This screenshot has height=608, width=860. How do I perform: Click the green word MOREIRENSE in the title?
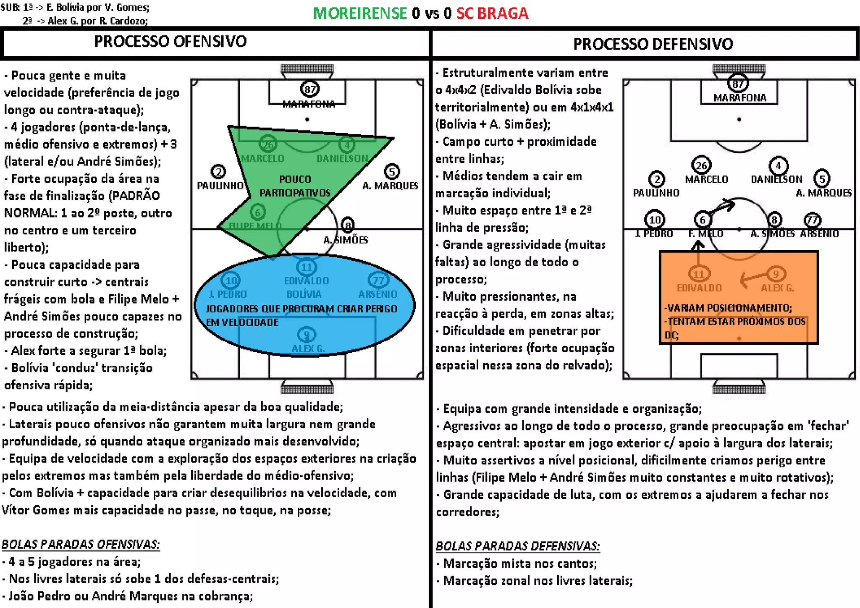point(360,13)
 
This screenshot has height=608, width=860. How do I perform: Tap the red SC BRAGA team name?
point(492,13)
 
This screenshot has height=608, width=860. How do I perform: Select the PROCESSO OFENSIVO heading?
point(170,42)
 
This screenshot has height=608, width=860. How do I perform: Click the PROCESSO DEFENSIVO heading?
point(653,44)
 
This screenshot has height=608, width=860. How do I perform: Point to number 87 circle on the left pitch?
point(310,89)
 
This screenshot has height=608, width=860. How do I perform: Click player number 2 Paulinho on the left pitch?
point(218,171)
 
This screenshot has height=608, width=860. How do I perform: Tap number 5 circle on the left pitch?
point(392,171)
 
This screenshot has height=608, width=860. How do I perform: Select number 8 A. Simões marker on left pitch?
point(348,225)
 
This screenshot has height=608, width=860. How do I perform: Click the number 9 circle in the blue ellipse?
point(307,335)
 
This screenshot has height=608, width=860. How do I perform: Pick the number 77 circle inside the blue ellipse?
point(378,280)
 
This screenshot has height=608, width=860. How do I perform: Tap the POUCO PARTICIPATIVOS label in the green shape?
point(295,186)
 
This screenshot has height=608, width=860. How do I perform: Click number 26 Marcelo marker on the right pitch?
point(701,165)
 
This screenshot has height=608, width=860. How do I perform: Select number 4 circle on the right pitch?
point(778,165)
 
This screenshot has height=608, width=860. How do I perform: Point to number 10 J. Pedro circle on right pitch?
point(655,220)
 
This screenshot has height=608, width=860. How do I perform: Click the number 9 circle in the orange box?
point(776,274)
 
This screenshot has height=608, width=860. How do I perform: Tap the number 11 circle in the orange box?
point(699,274)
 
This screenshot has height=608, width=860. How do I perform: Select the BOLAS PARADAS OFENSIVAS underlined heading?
point(81,544)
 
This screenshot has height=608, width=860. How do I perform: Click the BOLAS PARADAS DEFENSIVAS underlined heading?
point(517,546)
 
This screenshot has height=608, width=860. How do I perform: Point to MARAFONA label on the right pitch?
point(740,98)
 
